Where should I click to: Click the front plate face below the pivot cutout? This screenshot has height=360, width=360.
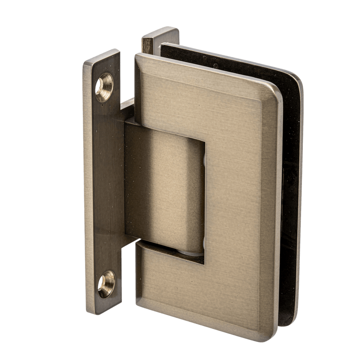[x=202, y=288]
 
